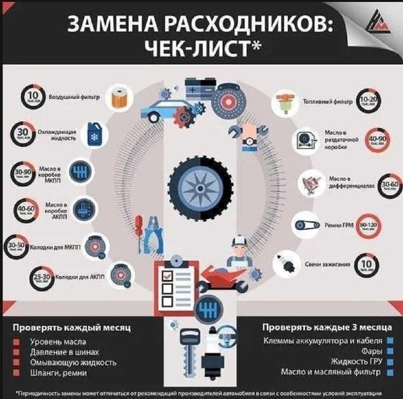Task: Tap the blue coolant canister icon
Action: [94, 134]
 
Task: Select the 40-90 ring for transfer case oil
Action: [377, 140]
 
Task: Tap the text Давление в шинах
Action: [65, 352]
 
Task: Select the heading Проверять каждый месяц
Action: [72, 328]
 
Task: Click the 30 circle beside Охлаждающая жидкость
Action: [23, 134]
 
